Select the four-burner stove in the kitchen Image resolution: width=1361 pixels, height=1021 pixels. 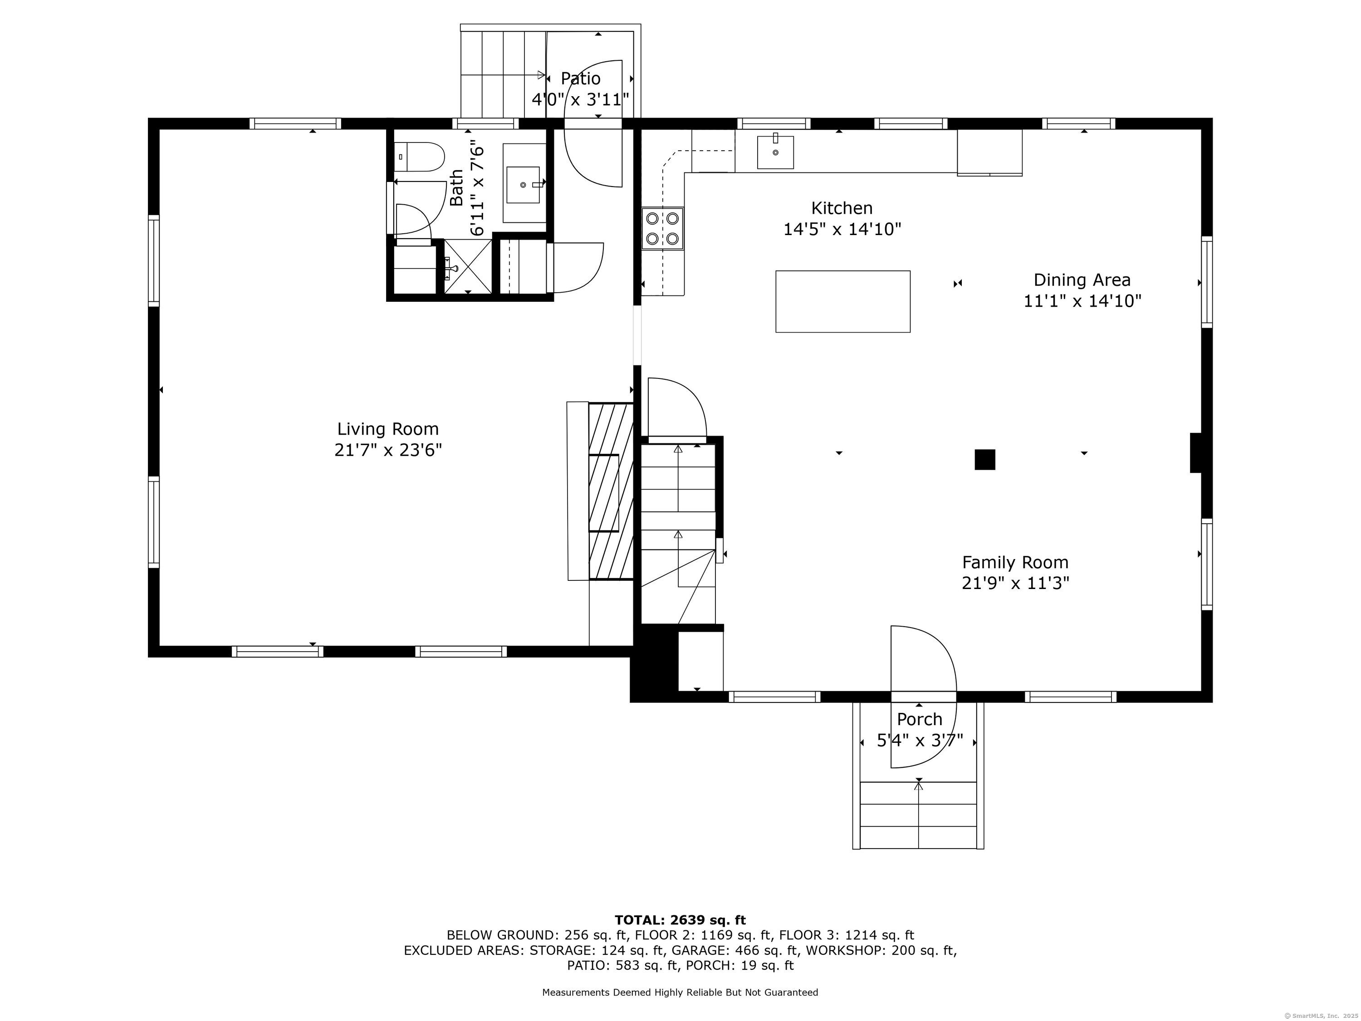662,228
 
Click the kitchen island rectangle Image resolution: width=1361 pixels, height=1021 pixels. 842,302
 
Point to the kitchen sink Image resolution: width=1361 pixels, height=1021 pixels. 775,152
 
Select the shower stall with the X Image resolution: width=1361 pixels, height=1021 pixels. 468,266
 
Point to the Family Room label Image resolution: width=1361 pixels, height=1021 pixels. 1015,563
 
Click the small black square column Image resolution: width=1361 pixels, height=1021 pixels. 984,460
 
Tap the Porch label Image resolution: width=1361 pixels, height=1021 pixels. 919,719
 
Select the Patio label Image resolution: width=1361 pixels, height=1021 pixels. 580,79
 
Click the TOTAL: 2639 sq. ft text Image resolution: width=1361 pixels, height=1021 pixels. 680,920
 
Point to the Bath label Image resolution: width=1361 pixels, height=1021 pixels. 456,188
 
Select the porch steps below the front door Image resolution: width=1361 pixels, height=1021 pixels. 918,815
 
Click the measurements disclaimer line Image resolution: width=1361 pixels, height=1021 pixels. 680,992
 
